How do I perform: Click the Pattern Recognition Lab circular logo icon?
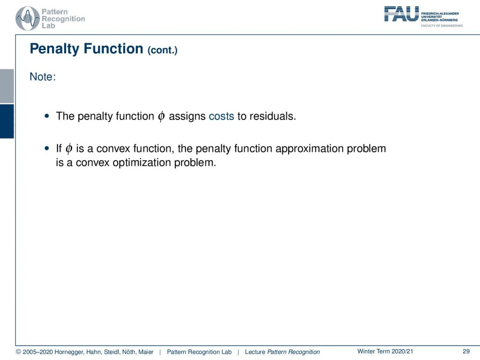tap(28, 19)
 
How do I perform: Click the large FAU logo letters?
tap(401, 14)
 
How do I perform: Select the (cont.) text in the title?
tap(162, 50)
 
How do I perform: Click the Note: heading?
tap(43, 76)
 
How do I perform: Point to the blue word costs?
tap(221, 116)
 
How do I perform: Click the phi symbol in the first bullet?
tap(161, 117)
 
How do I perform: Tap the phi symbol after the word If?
tap(69, 149)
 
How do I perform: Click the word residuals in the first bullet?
tap(272, 116)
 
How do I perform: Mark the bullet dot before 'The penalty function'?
tap(47, 116)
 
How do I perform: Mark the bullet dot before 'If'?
tap(47, 149)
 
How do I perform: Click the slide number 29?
tap(466, 352)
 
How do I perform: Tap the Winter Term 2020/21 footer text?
tap(385, 352)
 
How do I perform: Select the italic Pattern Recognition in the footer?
tap(293, 352)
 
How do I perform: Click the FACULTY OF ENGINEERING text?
tap(442, 26)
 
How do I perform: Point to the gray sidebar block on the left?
tap(7, 86)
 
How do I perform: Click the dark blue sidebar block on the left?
tap(7, 121)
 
